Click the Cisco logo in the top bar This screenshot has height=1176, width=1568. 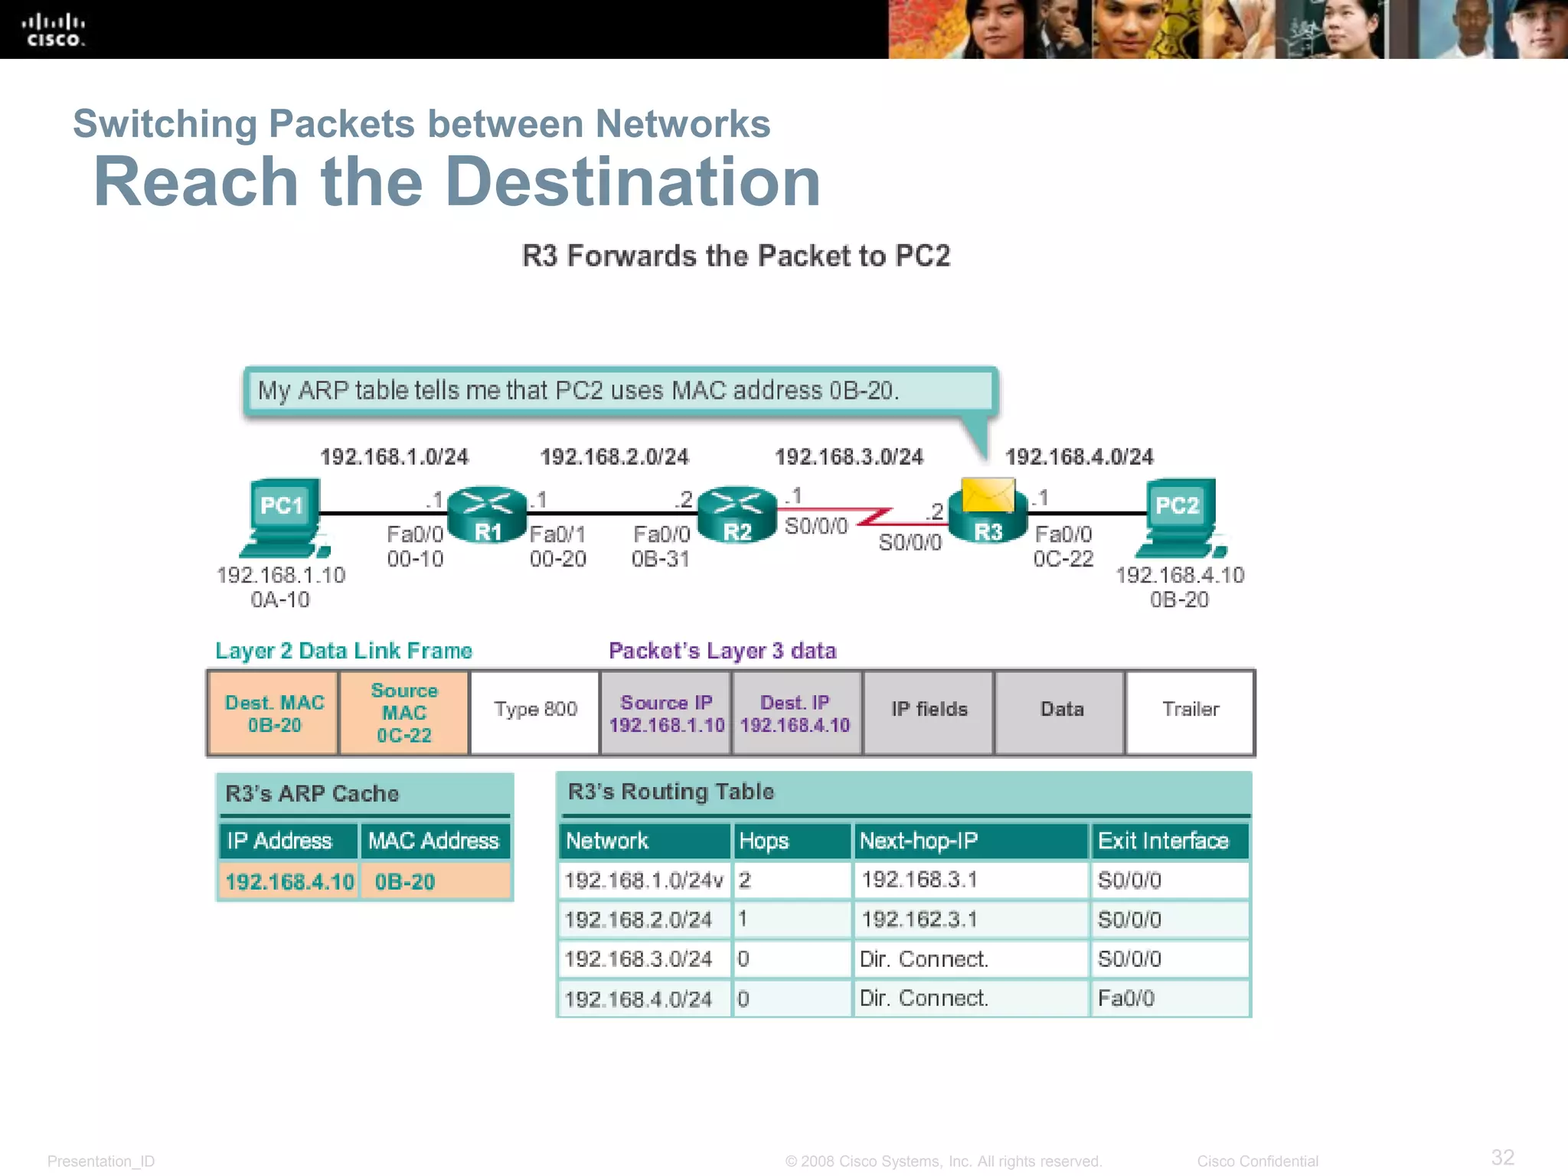coord(53,31)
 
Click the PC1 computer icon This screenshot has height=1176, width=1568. coord(283,517)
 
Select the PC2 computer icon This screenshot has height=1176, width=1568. coord(1180,517)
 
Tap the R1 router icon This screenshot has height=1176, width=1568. coord(488,515)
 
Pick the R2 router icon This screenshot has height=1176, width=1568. coord(737,515)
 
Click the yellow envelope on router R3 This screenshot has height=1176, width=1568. coord(988,494)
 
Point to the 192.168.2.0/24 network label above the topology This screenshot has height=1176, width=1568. coord(615,457)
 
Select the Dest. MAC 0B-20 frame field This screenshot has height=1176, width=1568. coord(274,714)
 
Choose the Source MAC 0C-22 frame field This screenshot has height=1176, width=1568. coord(404,714)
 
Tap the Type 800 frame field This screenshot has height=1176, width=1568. coord(535,710)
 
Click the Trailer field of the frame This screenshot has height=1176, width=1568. coord(1191,710)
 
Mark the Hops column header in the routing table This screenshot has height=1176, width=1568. coord(792,841)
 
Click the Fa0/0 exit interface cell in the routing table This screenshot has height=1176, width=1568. coord(1169,998)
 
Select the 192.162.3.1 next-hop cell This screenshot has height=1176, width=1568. coord(970,920)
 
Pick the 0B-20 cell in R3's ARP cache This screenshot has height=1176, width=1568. coord(434,882)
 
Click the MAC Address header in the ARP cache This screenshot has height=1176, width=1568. coord(434,841)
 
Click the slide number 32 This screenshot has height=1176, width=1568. coord(1502,1157)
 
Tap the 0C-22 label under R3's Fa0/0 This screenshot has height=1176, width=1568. coord(1063,559)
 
